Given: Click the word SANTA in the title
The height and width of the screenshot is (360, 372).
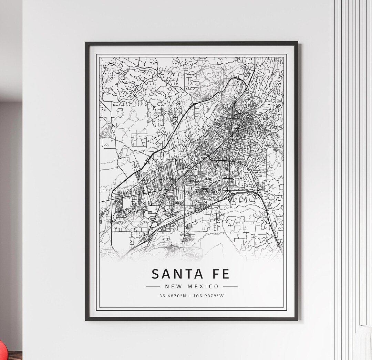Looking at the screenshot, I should (x=176, y=274).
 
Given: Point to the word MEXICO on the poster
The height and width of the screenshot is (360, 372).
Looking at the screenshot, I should (x=203, y=286).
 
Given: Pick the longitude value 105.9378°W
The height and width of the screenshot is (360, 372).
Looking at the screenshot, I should (x=208, y=296).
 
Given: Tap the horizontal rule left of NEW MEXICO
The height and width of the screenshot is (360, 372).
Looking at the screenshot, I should (x=153, y=286).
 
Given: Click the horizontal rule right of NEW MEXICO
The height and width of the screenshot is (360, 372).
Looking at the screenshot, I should (x=230, y=286).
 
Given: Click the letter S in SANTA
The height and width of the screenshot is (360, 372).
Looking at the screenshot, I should (x=156, y=274).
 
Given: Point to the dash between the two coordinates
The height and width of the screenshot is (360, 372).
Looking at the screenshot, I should (x=190, y=296).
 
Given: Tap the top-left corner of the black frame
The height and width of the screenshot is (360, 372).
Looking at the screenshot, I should (x=86, y=43).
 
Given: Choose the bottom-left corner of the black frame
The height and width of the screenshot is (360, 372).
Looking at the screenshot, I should (x=86, y=320).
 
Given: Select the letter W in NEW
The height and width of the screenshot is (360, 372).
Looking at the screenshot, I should (x=177, y=286).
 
